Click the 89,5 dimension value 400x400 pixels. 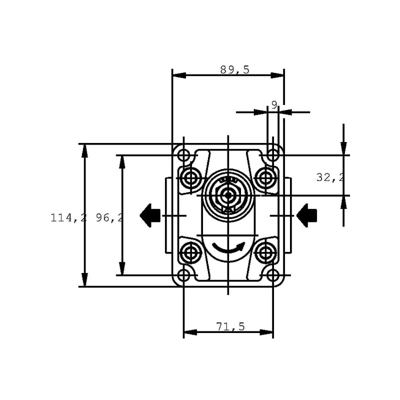234,69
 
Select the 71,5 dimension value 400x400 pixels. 230,326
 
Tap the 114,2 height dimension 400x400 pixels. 68,218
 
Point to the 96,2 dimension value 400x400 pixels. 109,218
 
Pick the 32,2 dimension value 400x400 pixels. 330,177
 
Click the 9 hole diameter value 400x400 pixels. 274,105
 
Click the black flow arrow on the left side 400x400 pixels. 150,215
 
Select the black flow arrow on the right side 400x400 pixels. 306,215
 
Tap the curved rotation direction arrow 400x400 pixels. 228,247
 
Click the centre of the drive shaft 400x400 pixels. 228,195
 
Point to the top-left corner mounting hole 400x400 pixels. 183,155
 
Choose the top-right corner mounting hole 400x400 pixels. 273,155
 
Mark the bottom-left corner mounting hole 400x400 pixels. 183,275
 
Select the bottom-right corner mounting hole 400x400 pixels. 273,275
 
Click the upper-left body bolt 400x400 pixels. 190,178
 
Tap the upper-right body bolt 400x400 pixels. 265,178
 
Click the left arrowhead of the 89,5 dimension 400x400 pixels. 179,75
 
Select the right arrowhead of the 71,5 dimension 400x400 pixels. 266,332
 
